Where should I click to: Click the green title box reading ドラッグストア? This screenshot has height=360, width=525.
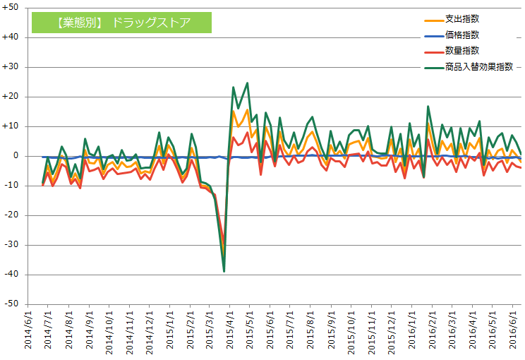[121, 22]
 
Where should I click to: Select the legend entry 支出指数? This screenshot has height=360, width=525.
[462, 18]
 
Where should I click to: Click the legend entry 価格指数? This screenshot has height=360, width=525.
[462, 35]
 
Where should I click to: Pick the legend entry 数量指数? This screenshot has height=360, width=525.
[462, 50]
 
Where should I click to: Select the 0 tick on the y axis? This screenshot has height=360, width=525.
[16, 156]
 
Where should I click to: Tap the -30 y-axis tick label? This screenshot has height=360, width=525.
[12, 245]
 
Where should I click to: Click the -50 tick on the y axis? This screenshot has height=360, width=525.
[12, 304]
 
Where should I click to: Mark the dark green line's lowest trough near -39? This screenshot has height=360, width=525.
[224, 271]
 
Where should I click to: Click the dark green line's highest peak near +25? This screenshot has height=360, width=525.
[247, 83]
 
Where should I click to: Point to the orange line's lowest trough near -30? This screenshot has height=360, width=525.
[223, 246]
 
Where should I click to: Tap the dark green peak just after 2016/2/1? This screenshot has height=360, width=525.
[428, 107]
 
